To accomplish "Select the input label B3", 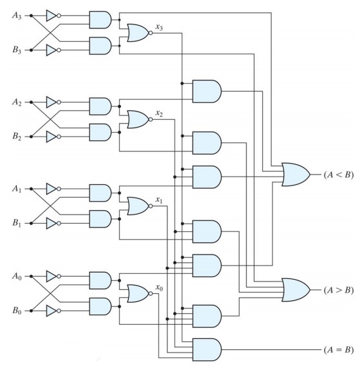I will point(16,50).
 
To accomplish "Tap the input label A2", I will point(16,102).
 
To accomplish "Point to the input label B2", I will point(16,137).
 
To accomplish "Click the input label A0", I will point(16,277).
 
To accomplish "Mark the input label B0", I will point(16,313).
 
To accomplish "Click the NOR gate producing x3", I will point(138,32).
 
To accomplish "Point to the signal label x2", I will point(158,113).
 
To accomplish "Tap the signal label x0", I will point(158,288).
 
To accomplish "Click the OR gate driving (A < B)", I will point(294,175).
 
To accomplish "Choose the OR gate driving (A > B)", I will point(294,289).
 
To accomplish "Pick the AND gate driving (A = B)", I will point(206,350).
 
